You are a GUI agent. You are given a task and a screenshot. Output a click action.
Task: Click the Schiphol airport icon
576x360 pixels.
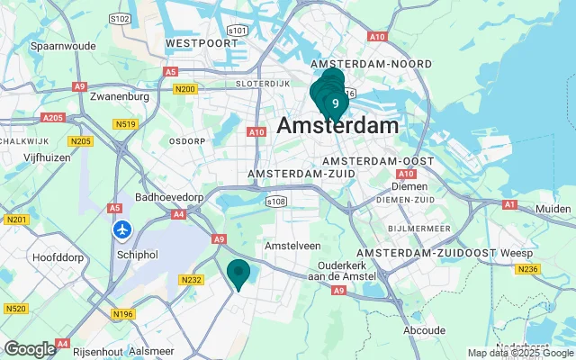coord(122,230)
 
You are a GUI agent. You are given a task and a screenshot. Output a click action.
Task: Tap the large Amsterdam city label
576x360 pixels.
coord(337,126)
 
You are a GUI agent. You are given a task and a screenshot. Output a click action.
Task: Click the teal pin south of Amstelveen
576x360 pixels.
coord(238,273)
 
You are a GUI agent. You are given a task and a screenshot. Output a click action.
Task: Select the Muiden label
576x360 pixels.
coord(553,209)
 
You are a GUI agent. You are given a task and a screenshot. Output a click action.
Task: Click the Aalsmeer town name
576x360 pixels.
coord(149,351)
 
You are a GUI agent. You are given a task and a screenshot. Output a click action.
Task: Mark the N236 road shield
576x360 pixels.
coord(529,269)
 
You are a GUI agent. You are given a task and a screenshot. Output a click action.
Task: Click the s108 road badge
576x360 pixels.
coord(276,202)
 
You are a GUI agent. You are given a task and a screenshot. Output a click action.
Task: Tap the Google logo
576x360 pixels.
coord(30,349)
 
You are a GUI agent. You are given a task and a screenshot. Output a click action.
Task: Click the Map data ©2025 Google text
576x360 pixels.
coord(519,353)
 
